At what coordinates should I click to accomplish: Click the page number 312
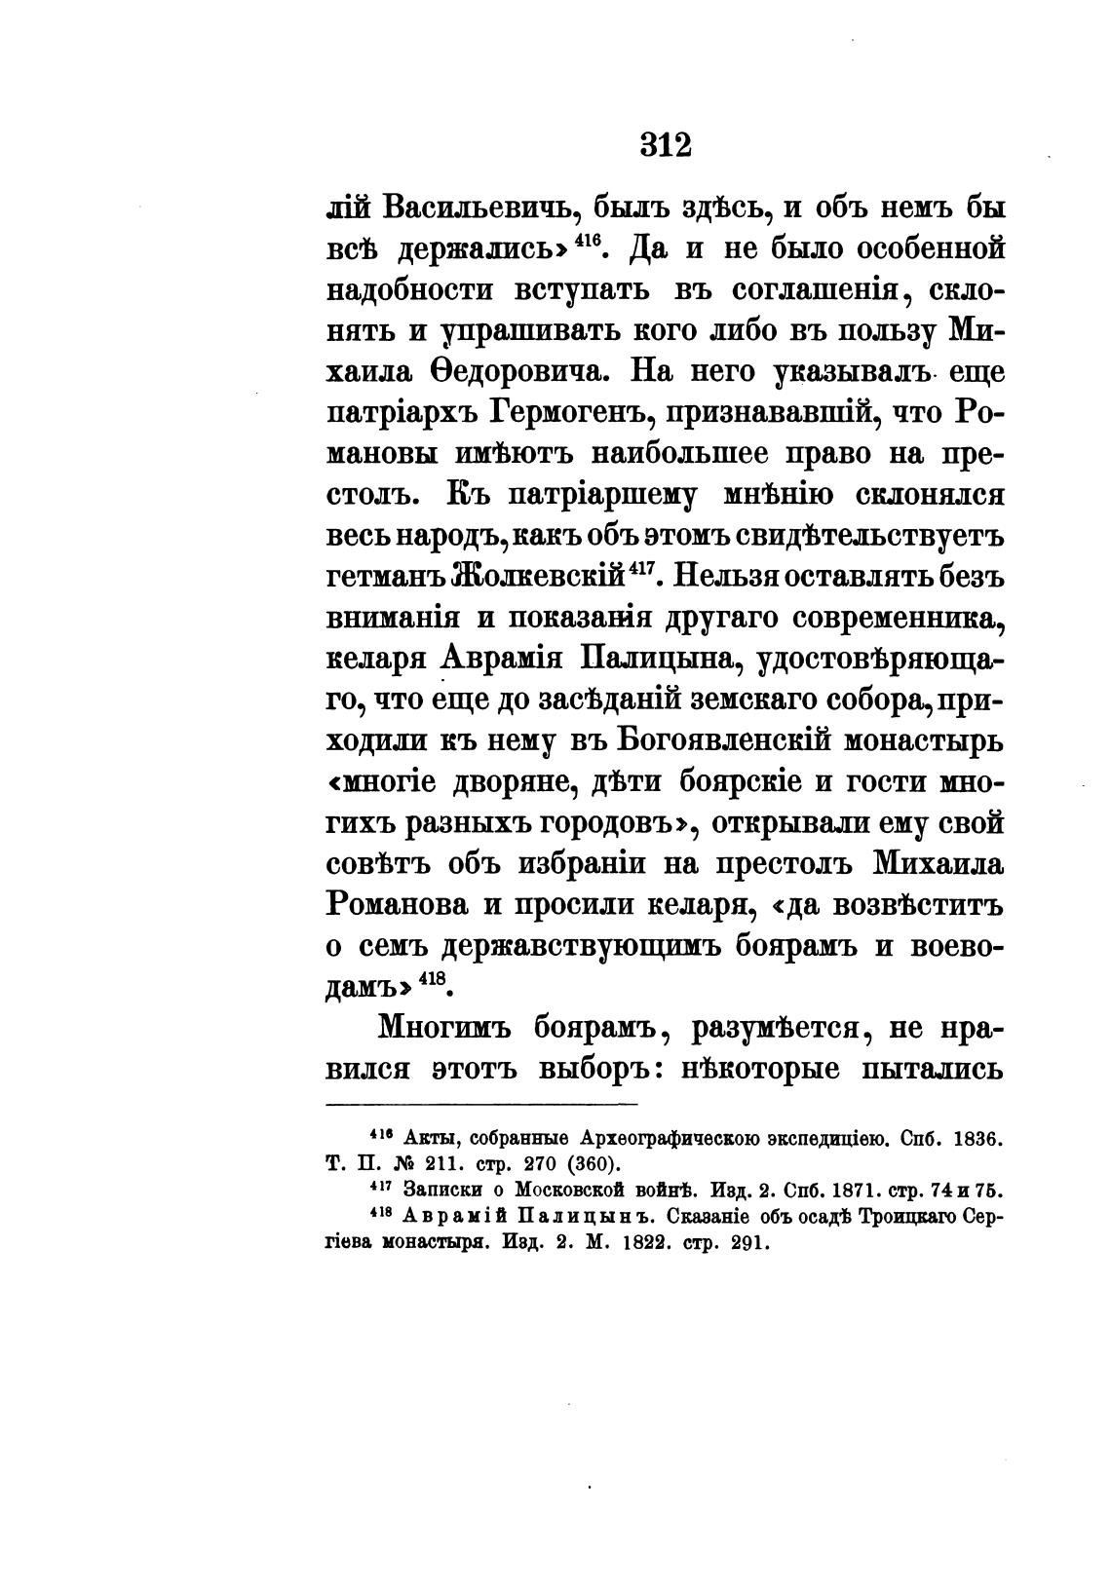pos(666,144)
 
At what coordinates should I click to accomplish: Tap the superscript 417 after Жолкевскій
pos(638,568)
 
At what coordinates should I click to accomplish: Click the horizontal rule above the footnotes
pos(480,1105)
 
